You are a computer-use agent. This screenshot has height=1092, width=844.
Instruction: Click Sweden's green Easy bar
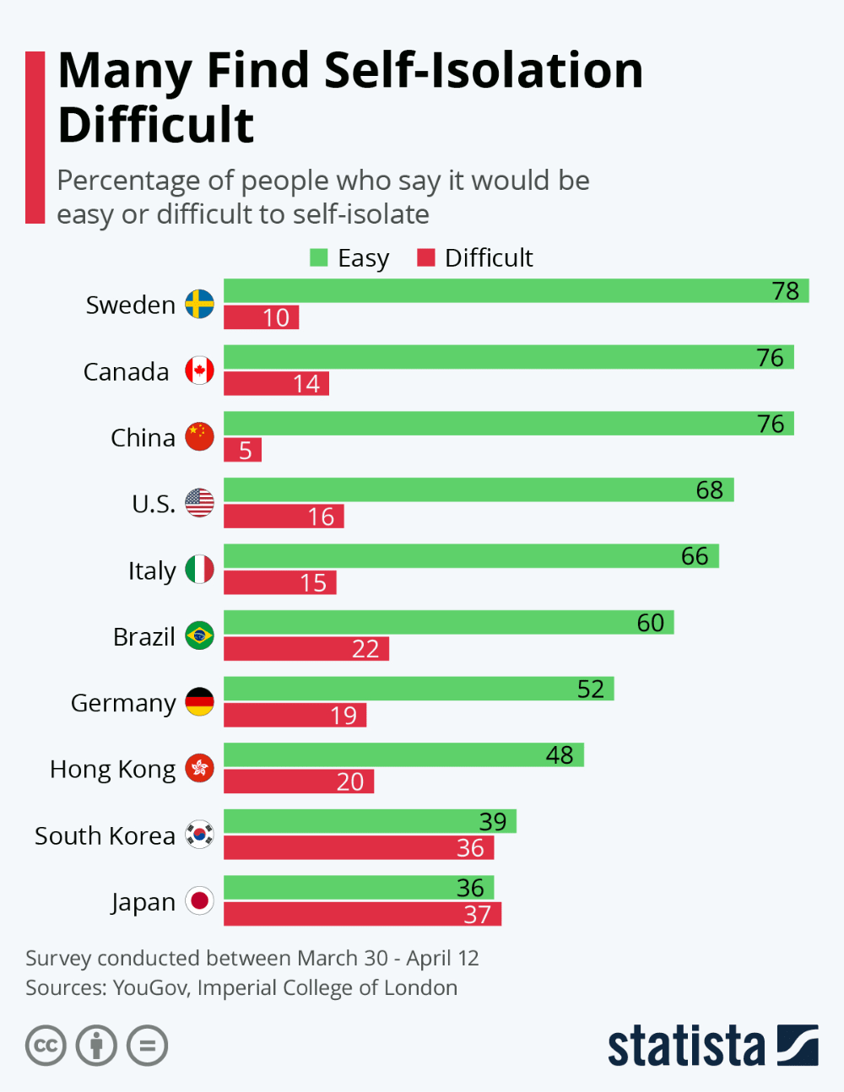tap(515, 290)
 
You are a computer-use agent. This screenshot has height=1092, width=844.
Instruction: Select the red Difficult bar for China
tap(242, 450)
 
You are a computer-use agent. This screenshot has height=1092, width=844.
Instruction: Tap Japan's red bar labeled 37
tap(362, 914)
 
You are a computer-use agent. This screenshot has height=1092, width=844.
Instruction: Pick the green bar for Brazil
tap(448, 622)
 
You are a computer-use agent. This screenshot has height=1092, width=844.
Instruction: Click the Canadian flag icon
tap(199, 370)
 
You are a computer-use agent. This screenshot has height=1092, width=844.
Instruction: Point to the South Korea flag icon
tap(199, 835)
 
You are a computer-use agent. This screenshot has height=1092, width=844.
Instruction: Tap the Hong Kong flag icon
tap(199, 768)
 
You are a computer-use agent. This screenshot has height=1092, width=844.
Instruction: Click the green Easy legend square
tap(319, 257)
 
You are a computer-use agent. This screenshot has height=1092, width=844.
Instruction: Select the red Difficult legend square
tap(426, 257)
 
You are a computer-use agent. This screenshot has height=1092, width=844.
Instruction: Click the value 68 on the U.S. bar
tap(709, 490)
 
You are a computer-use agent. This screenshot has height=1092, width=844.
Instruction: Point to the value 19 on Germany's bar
tap(344, 716)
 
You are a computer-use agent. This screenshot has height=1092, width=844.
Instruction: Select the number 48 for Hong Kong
tap(560, 755)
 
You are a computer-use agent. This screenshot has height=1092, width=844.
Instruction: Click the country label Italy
tap(152, 570)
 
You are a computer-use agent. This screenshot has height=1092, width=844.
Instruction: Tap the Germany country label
tap(123, 703)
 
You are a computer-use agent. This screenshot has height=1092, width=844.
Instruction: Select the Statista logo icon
tap(797, 1045)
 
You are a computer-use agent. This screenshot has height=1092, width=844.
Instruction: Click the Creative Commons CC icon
tap(46, 1046)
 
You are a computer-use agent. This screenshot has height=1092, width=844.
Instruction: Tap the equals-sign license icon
tap(148, 1046)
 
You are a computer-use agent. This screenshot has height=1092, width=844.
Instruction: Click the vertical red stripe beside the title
tap(35, 137)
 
